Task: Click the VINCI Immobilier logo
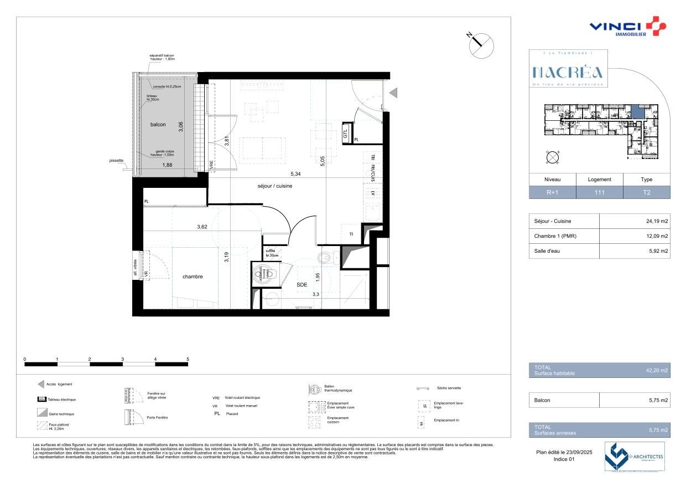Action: coord(627,27)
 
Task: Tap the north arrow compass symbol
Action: coord(481,44)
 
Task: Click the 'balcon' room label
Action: coord(158,125)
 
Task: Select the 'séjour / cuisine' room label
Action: coord(274,186)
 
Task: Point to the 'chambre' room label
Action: coord(193,277)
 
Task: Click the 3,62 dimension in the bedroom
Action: coord(206,227)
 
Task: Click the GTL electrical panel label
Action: coord(345,134)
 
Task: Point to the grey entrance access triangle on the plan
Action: coord(393,93)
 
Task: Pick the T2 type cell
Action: coord(646,193)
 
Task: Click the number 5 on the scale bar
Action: coord(188,359)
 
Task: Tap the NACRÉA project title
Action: coord(568,73)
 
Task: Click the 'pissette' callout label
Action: coord(117,161)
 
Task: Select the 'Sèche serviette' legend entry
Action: coord(449,388)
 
